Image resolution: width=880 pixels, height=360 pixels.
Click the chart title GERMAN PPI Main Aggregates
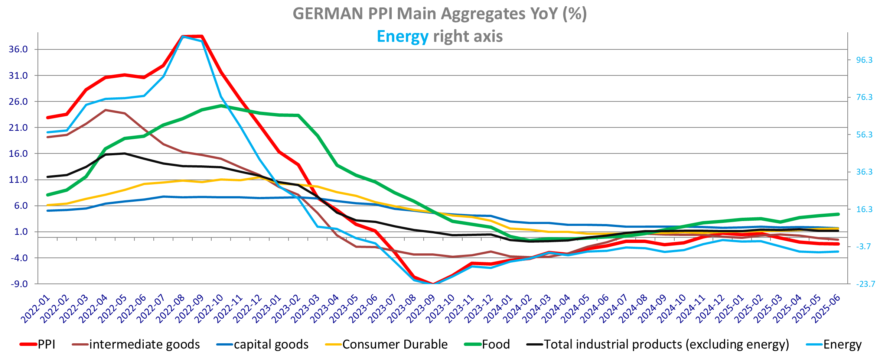pos(440,14)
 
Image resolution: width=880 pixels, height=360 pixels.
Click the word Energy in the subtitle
pos(402,37)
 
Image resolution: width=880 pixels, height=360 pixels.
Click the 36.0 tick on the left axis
pos(19,49)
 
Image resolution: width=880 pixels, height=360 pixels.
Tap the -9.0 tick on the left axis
pos(19,284)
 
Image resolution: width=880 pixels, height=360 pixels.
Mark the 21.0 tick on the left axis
pos(19,128)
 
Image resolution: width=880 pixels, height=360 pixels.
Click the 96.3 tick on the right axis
pos(864,60)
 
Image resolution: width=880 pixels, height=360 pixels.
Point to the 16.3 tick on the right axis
pos(864,210)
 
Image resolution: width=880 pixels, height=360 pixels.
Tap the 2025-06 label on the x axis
pos(826,309)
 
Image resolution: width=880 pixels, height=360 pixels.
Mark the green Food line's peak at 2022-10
pos(221,106)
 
